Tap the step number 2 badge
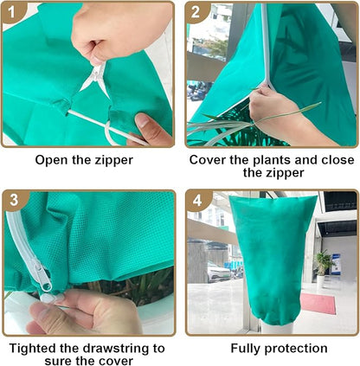(198, 13)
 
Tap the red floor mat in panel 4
(317, 304)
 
